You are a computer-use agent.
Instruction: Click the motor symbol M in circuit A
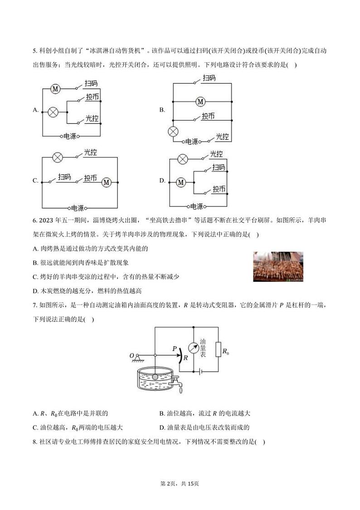[x=55, y=88]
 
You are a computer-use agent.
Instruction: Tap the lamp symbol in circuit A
[x=53, y=113]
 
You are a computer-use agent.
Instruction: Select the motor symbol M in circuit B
[x=200, y=102]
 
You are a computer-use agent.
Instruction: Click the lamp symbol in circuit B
[x=173, y=132]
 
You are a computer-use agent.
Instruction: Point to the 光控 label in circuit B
[x=223, y=137]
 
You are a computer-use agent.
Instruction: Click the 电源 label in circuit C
[x=78, y=208]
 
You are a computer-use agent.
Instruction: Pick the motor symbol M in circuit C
[x=106, y=182]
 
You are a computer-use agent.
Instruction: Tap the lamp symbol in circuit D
[x=183, y=159]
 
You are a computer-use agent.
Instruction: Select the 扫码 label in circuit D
[x=219, y=167]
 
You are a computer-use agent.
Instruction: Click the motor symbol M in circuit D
[x=180, y=183]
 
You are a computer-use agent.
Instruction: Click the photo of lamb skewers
[x=278, y=266]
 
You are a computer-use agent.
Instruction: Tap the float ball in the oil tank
[x=156, y=377]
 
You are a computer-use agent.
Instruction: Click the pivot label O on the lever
[x=132, y=356]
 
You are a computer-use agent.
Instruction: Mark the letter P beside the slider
[x=175, y=348]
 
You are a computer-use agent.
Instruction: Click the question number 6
[x=35, y=221]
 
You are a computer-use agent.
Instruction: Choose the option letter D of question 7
[x=162, y=427]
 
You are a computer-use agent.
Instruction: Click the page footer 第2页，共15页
[x=180, y=484]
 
